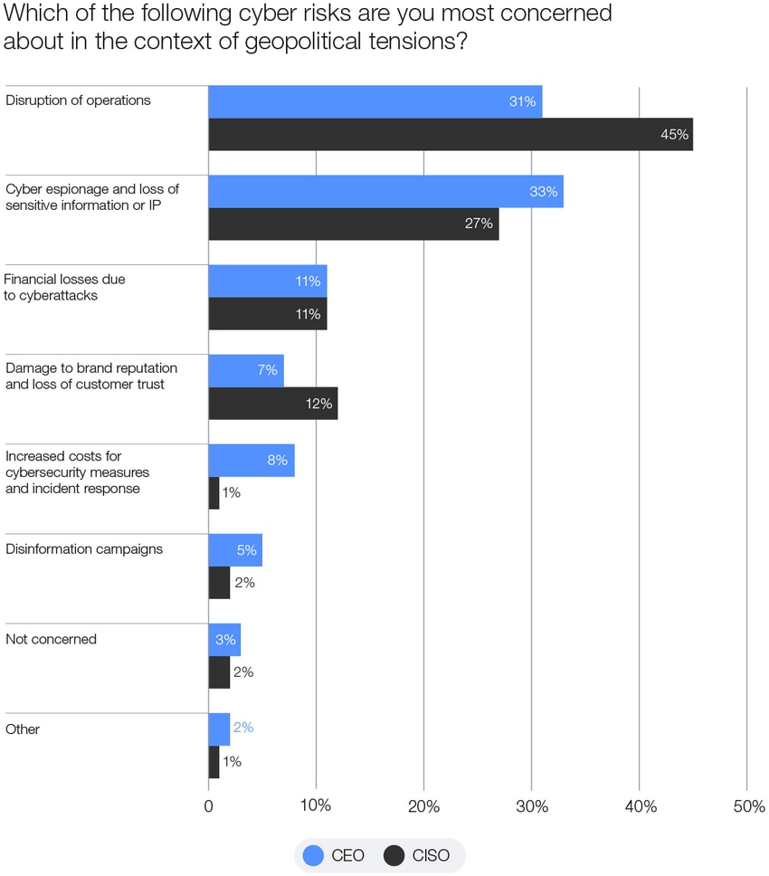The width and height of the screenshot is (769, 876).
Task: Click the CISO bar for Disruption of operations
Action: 450,134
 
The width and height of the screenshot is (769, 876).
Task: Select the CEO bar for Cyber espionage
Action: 385,192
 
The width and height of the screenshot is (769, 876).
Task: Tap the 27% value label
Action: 479,224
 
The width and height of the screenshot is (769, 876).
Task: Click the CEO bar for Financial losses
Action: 267,281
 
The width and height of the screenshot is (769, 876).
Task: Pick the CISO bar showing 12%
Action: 272,403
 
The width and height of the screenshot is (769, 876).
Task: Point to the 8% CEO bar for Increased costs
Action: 251,461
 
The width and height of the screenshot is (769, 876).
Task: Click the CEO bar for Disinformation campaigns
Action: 234,550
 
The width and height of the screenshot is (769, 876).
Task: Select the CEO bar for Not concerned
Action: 223,640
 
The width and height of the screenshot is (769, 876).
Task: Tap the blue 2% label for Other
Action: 243,728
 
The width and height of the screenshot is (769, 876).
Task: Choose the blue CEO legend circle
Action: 313,855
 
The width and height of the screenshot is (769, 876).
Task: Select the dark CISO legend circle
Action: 394,855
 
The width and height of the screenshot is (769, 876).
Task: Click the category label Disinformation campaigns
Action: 84,549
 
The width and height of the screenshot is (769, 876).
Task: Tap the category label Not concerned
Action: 51,639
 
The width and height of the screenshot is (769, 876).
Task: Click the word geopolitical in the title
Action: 300,42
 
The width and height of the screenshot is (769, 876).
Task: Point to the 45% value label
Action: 675,135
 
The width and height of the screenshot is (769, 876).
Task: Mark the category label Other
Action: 23,728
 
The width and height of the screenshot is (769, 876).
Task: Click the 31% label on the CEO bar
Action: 522,102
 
